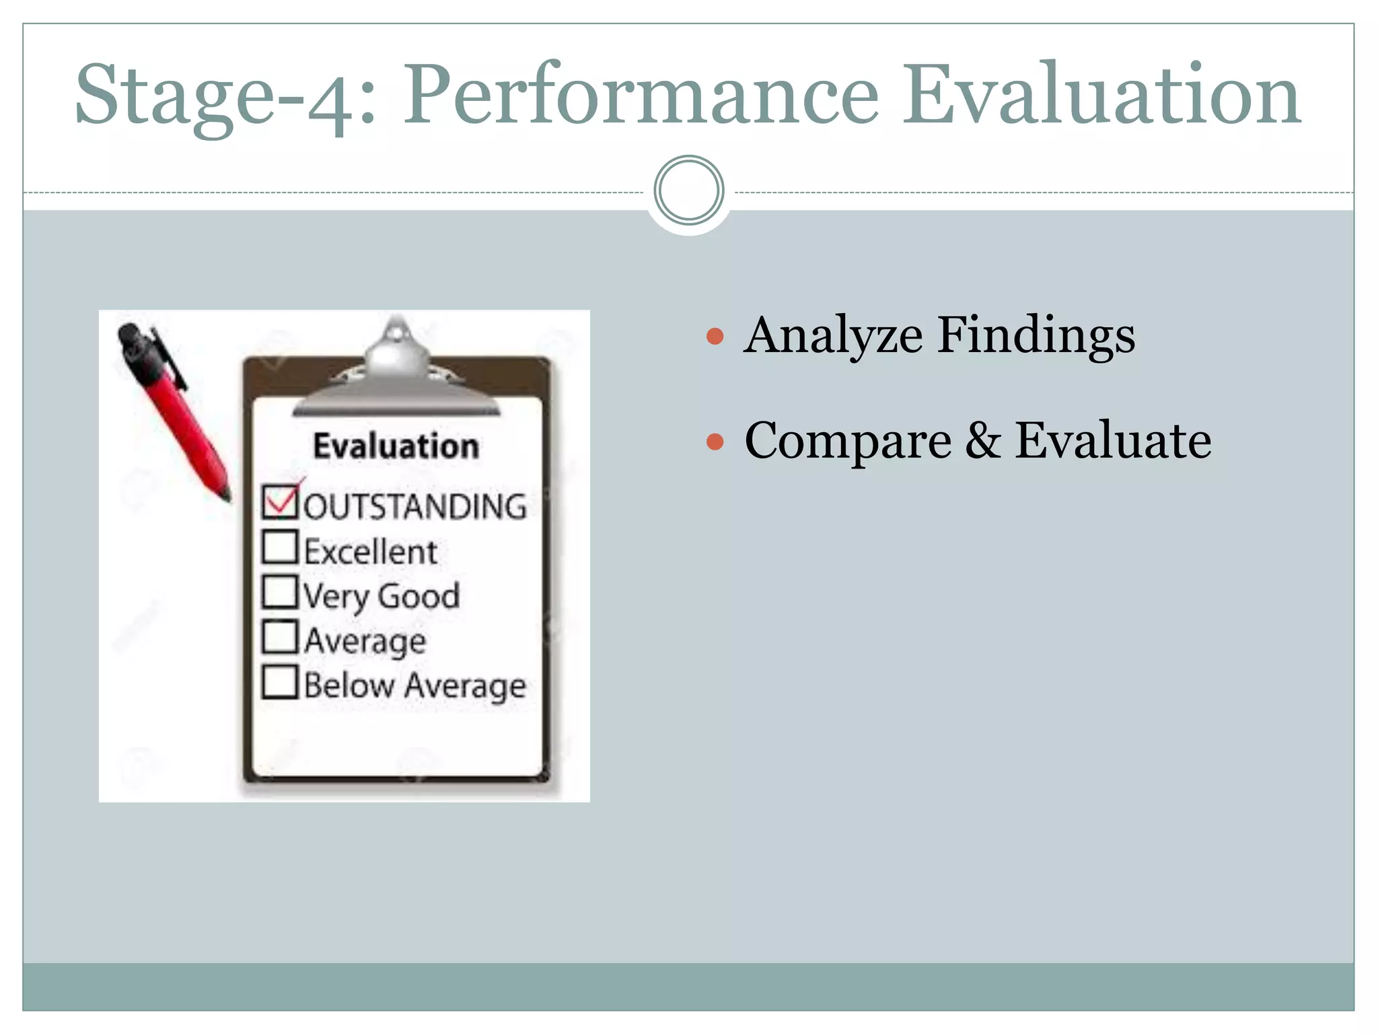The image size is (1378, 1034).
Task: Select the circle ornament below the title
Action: click(688, 191)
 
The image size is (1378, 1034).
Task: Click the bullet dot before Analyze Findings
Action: click(715, 336)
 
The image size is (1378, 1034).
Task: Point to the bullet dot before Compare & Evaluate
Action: click(715, 442)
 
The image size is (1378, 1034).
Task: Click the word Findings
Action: click(1036, 336)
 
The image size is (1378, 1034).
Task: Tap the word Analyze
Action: click(834, 336)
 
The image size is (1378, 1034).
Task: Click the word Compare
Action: click(848, 442)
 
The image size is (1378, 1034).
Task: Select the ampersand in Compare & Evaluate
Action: click(983, 440)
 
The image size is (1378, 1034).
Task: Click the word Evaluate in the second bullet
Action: click(1113, 440)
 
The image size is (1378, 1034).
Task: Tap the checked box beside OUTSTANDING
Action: click(279, 502)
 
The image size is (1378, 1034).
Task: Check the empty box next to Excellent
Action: click(279, 547)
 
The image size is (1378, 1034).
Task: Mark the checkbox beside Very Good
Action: click(279, 592)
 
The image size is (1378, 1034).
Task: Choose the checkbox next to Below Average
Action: click(279, 682)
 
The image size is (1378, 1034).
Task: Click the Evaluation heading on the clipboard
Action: click(396, 446)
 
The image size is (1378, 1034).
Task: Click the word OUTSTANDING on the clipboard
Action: click(415, 506)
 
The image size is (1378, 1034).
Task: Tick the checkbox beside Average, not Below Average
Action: click(279, 637)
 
